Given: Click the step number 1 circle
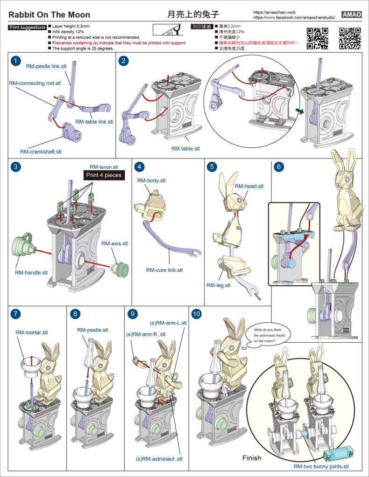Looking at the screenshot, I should (16, 61).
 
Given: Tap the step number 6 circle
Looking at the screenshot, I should (279, 166).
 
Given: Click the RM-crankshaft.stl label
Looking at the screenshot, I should (41, 152).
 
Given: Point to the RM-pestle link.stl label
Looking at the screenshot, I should (46, 67).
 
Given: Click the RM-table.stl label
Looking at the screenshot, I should (185, 149).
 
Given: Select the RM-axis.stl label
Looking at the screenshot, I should (114, 243).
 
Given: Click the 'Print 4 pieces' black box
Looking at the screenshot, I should (103, 176).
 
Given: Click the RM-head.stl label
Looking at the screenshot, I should (249, 187).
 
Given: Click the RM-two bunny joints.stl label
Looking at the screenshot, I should (321, 466).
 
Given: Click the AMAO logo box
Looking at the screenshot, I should (352, 14).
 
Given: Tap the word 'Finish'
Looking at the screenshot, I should (252, 458).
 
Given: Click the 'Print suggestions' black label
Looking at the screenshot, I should (27, 28).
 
